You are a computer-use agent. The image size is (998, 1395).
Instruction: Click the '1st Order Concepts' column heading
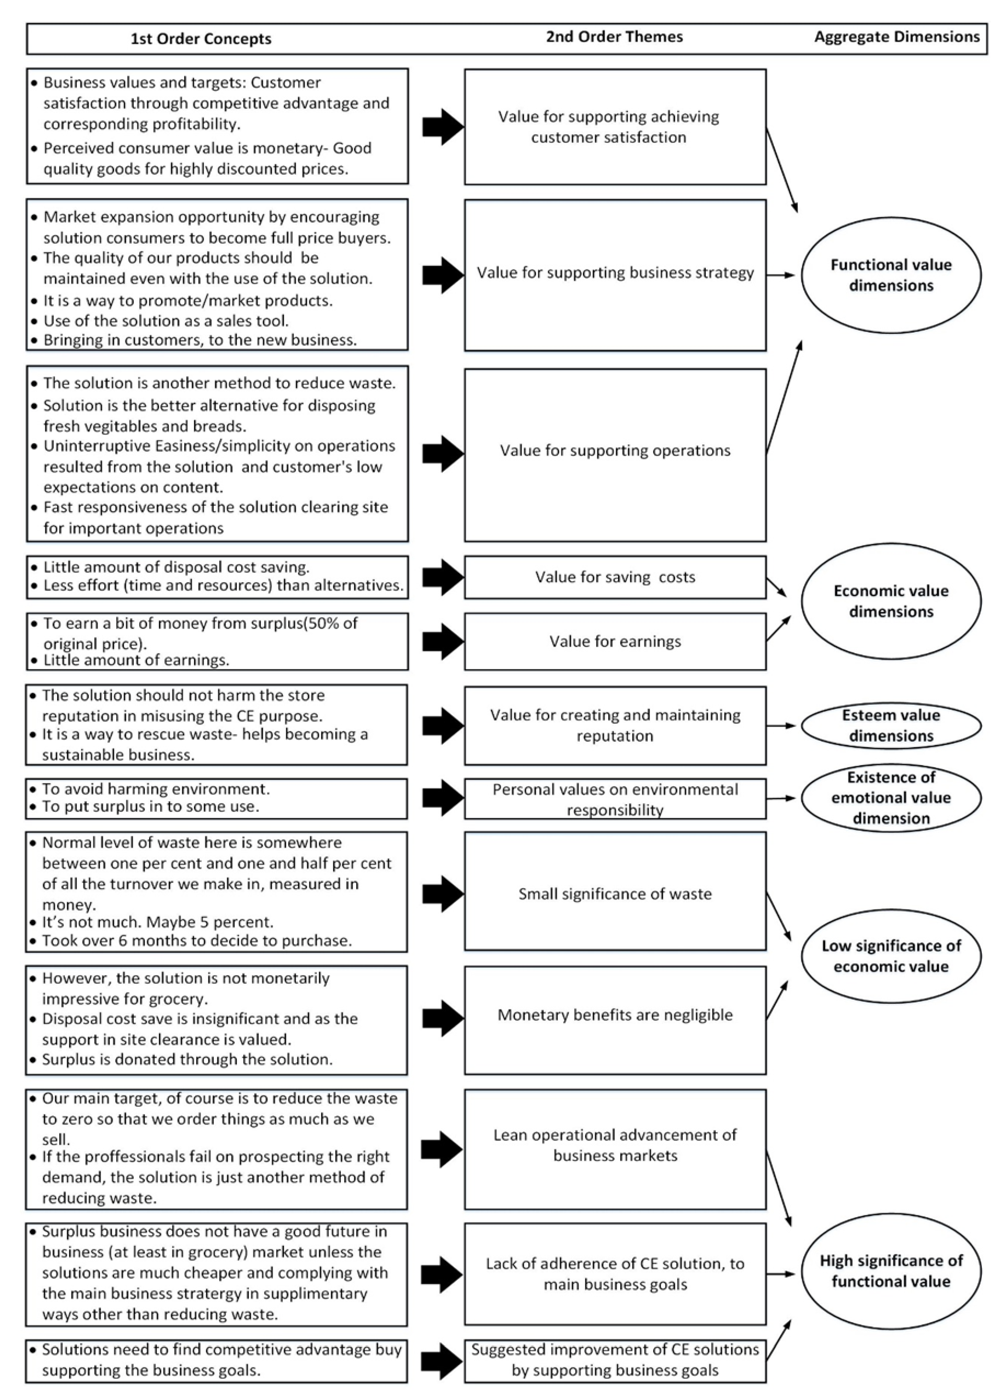(x=201, y=39)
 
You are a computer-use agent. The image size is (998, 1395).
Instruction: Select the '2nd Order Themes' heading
(x=614, y=37)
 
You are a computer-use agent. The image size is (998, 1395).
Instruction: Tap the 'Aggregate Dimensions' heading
(x=897, y=37)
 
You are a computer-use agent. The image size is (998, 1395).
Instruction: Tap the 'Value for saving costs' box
(x=614, y=577)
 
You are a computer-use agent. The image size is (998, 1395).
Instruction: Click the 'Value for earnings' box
(x=614, y=641)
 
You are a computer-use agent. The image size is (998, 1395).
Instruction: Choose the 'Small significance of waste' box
(x=614, y=893)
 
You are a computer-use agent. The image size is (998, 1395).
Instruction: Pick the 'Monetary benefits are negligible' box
(x=614, y=1014)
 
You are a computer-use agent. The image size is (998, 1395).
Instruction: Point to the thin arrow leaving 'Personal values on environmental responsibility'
(x=782, y=798)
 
